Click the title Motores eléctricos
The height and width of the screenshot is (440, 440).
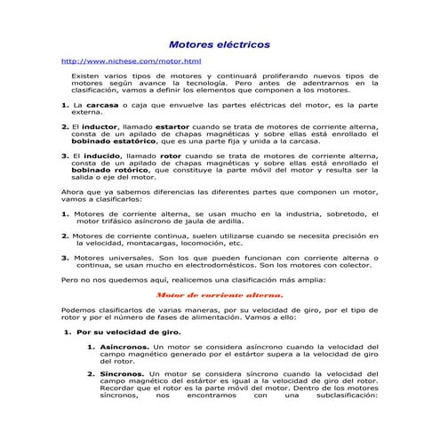(220, 44)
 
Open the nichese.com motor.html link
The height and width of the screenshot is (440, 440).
(131, 61)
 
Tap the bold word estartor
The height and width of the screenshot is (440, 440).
(172, 128)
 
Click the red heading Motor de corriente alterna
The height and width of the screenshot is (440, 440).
(220, 293)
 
